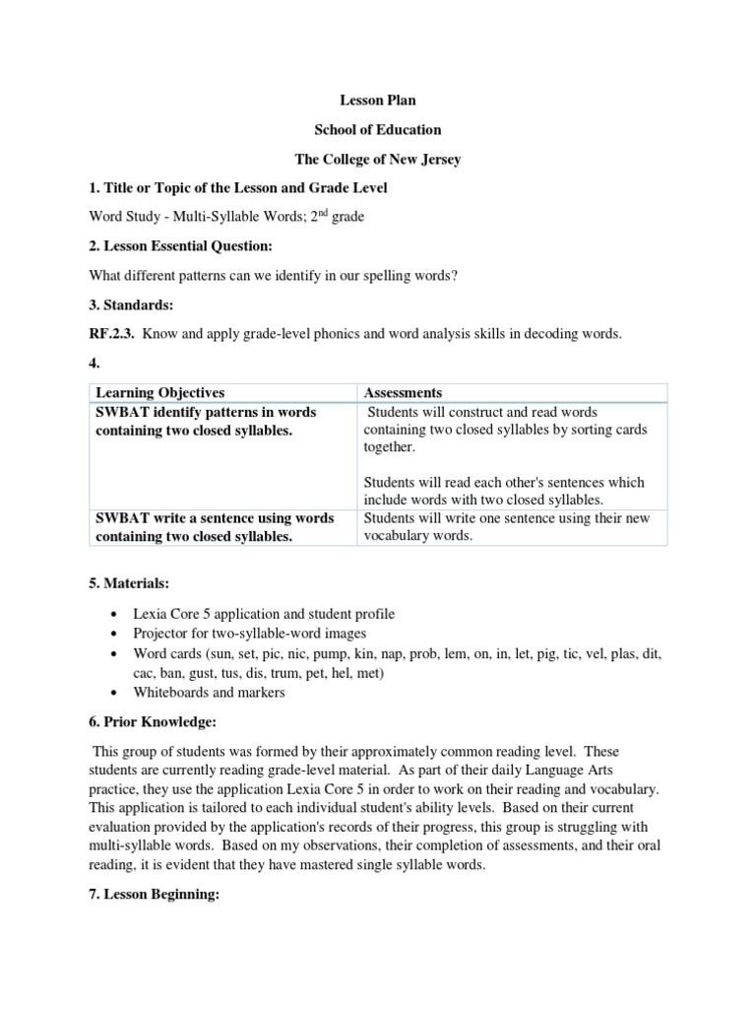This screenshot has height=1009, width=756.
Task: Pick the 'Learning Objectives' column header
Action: pyautogui.click(x=159, y=392)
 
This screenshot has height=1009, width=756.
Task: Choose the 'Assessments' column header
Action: pyautogui.click(x=404, y=392)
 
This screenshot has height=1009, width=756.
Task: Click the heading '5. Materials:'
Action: pyautogui.click(x=129, y=583)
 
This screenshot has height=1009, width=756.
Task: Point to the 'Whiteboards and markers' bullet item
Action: pyautogui.click(x=209, y=692)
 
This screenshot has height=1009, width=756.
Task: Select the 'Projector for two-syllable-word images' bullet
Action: pyautogui.click(x=250, y=633)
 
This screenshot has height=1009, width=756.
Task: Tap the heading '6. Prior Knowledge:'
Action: pyautogui.click(x=153, y=721)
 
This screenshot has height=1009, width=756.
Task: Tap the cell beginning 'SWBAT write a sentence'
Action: pyautogui.click(x=214, y=527)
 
